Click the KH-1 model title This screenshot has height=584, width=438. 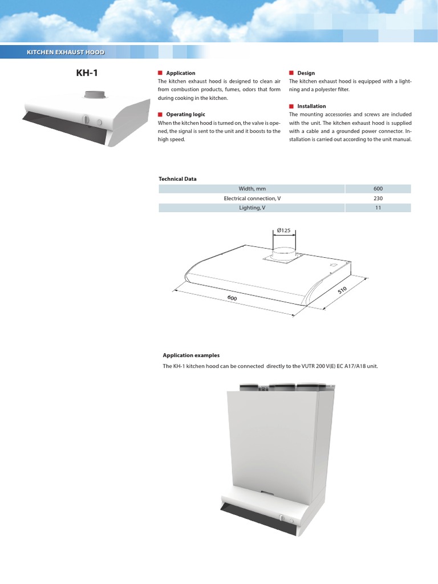click(87, 73)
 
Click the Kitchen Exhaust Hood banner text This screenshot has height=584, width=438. click(66, 52)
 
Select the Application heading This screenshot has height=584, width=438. click(180, 73)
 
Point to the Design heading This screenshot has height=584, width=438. click(306, 73)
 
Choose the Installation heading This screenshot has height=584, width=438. click(311, 106)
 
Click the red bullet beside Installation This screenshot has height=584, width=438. click(291, 106)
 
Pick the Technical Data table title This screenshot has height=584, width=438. click(177, 179)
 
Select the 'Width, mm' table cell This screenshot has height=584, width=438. click(252, 189)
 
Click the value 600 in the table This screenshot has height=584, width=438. click(378, 189)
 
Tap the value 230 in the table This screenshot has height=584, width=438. click(378, 198)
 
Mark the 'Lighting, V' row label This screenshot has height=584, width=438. click(252, 208)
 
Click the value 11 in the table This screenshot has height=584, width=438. click(378, 208)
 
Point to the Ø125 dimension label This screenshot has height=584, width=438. click(284, 230)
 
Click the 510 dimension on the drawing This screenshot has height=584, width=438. click(342, 291)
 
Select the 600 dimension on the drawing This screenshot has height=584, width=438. click(232, 299)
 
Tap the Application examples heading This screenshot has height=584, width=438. click(191, 355)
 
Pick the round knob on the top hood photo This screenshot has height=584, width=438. click(87, 120)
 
